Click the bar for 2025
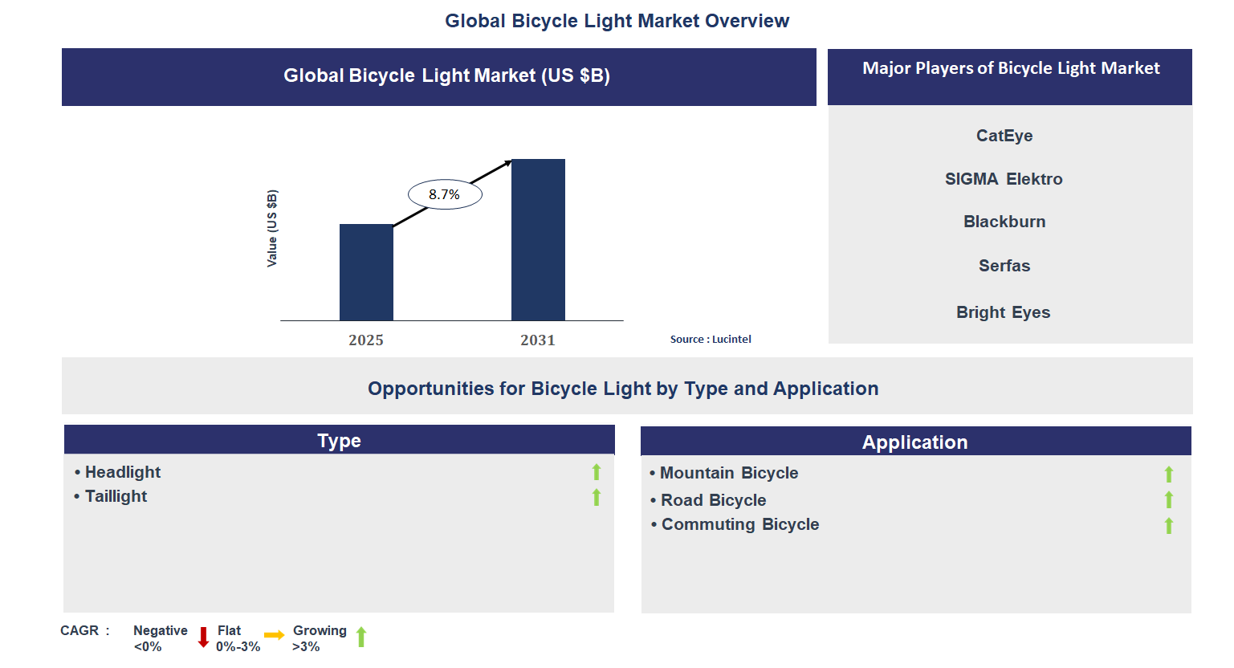point(366,272)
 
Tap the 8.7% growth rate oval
point(445,194)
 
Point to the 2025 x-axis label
point(366,340)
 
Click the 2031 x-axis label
point(538,340)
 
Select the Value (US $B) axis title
point(272,229)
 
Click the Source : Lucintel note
point(711,339)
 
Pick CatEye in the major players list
point(1004,136)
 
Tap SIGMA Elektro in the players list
point(1004,179)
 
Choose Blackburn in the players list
point(1004,222)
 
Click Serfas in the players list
point(1004,266)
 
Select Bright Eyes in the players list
point(1003,312)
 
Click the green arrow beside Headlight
point(597,472)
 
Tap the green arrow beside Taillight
point(597,498)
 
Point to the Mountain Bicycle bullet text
point(728,473)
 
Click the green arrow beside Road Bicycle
point(1169,500)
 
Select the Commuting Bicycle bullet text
point(739,524)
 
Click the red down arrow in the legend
point(203,637)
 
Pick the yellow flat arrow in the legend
point(274,635)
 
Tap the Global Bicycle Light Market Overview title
point(617,21)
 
